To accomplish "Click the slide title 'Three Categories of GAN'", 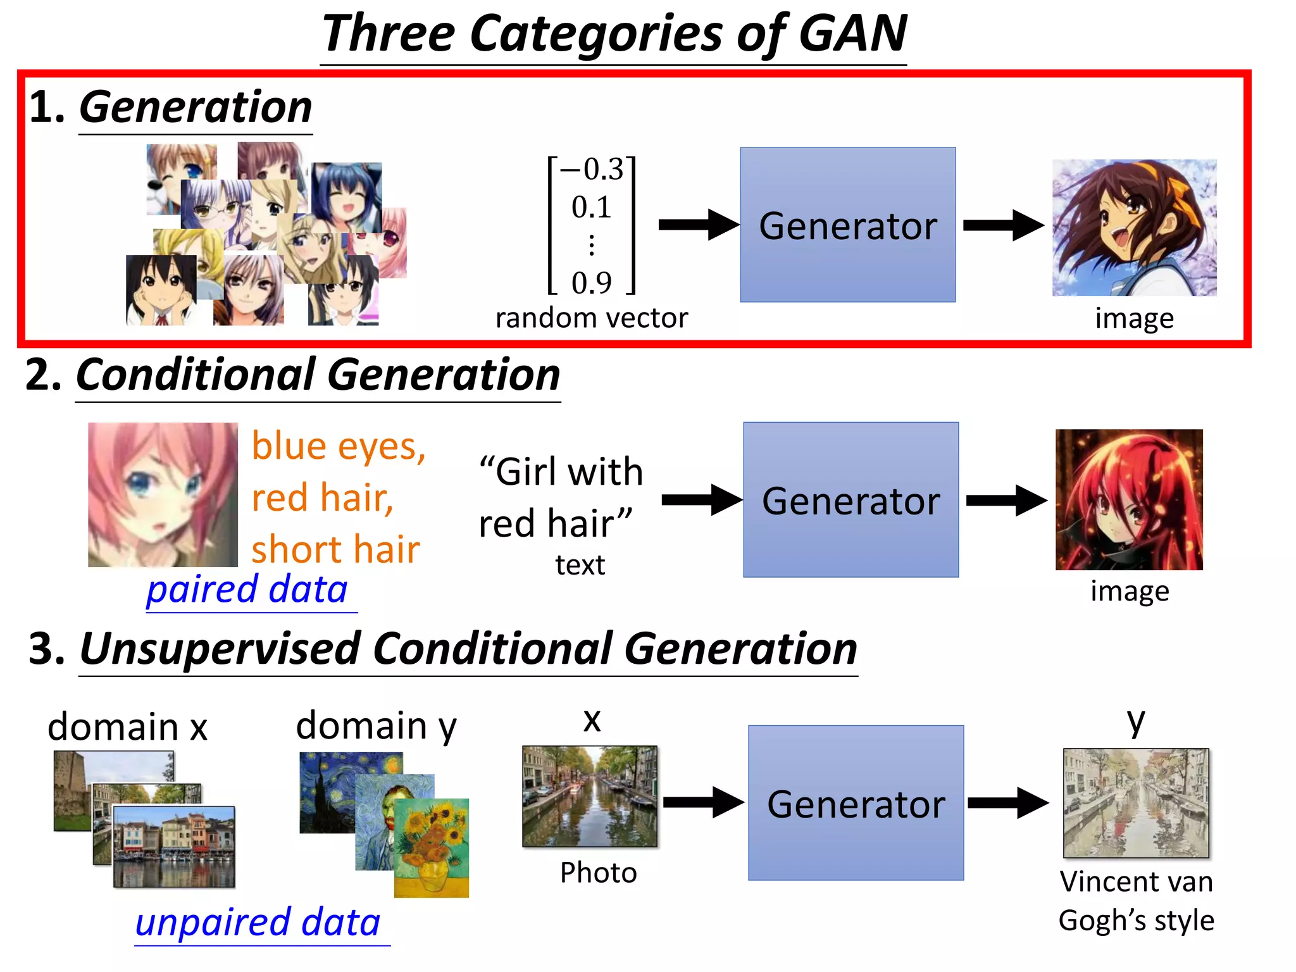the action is pos(614,34).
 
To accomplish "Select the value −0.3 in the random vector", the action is pos(592,170).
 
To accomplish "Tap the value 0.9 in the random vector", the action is pos(592,283).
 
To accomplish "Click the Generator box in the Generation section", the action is pos(847,225).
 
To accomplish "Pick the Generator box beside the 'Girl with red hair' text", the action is pos(850,500).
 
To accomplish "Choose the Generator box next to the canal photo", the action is pos(856,802).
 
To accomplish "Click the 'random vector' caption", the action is pos(591,318).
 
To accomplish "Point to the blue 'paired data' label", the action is pos(247,590).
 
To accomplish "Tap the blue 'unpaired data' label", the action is pos(258,923).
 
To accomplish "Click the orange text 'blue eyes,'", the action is pos(339,446).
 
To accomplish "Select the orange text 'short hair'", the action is pos(335,549).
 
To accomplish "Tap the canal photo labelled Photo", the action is pos(590,796).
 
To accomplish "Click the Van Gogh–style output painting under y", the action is pos(1136,802).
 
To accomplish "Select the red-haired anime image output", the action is pos(1129,499).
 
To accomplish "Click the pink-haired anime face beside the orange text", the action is pos(163,494).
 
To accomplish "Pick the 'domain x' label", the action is pos(127,726).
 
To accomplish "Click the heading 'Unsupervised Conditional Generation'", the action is pos(468,649).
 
